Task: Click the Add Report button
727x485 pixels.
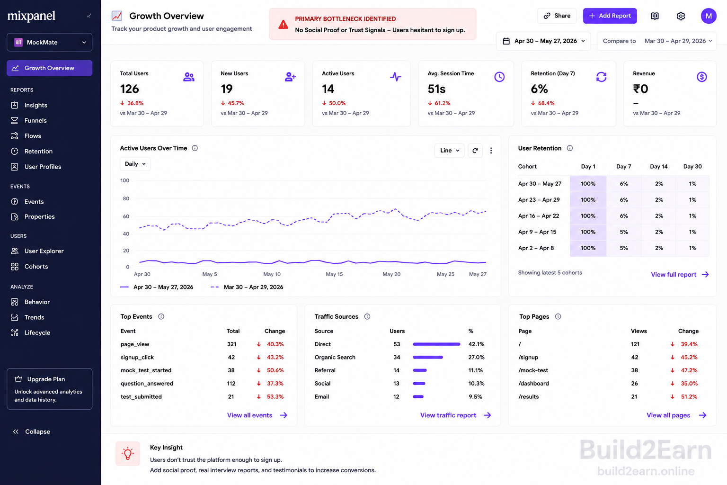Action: [x=610, y=16]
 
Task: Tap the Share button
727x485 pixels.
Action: [x=557, y=16]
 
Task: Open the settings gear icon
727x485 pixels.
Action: [x=681, y=16]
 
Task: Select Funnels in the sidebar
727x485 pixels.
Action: [x=35, y=120]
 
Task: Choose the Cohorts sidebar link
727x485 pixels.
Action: [x=36, y=266]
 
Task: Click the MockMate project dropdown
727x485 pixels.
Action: [x=49, y=42]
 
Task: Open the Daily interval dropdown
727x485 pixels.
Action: [x=135, y=164]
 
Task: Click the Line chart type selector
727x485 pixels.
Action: [x=450, y=151]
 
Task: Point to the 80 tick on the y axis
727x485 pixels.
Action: [x=126, y=198]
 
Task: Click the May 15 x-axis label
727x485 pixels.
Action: [x=334, y=274]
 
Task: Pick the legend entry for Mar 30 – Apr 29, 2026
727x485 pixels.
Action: [x=247, y=287]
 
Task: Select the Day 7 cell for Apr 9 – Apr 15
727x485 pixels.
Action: [x=624, y=232]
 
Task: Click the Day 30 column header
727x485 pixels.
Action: [x=692, y=166]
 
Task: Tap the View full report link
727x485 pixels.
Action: [x=680, y=275]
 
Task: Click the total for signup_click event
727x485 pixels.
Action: [x=231, y=357]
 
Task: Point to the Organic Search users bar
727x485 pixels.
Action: [x=428, y=357]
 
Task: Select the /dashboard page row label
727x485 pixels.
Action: [x=533, y=383]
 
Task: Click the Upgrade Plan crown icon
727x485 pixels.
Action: [x=18, y=379]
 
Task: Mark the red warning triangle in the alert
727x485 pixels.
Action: [x=283, y=24]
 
